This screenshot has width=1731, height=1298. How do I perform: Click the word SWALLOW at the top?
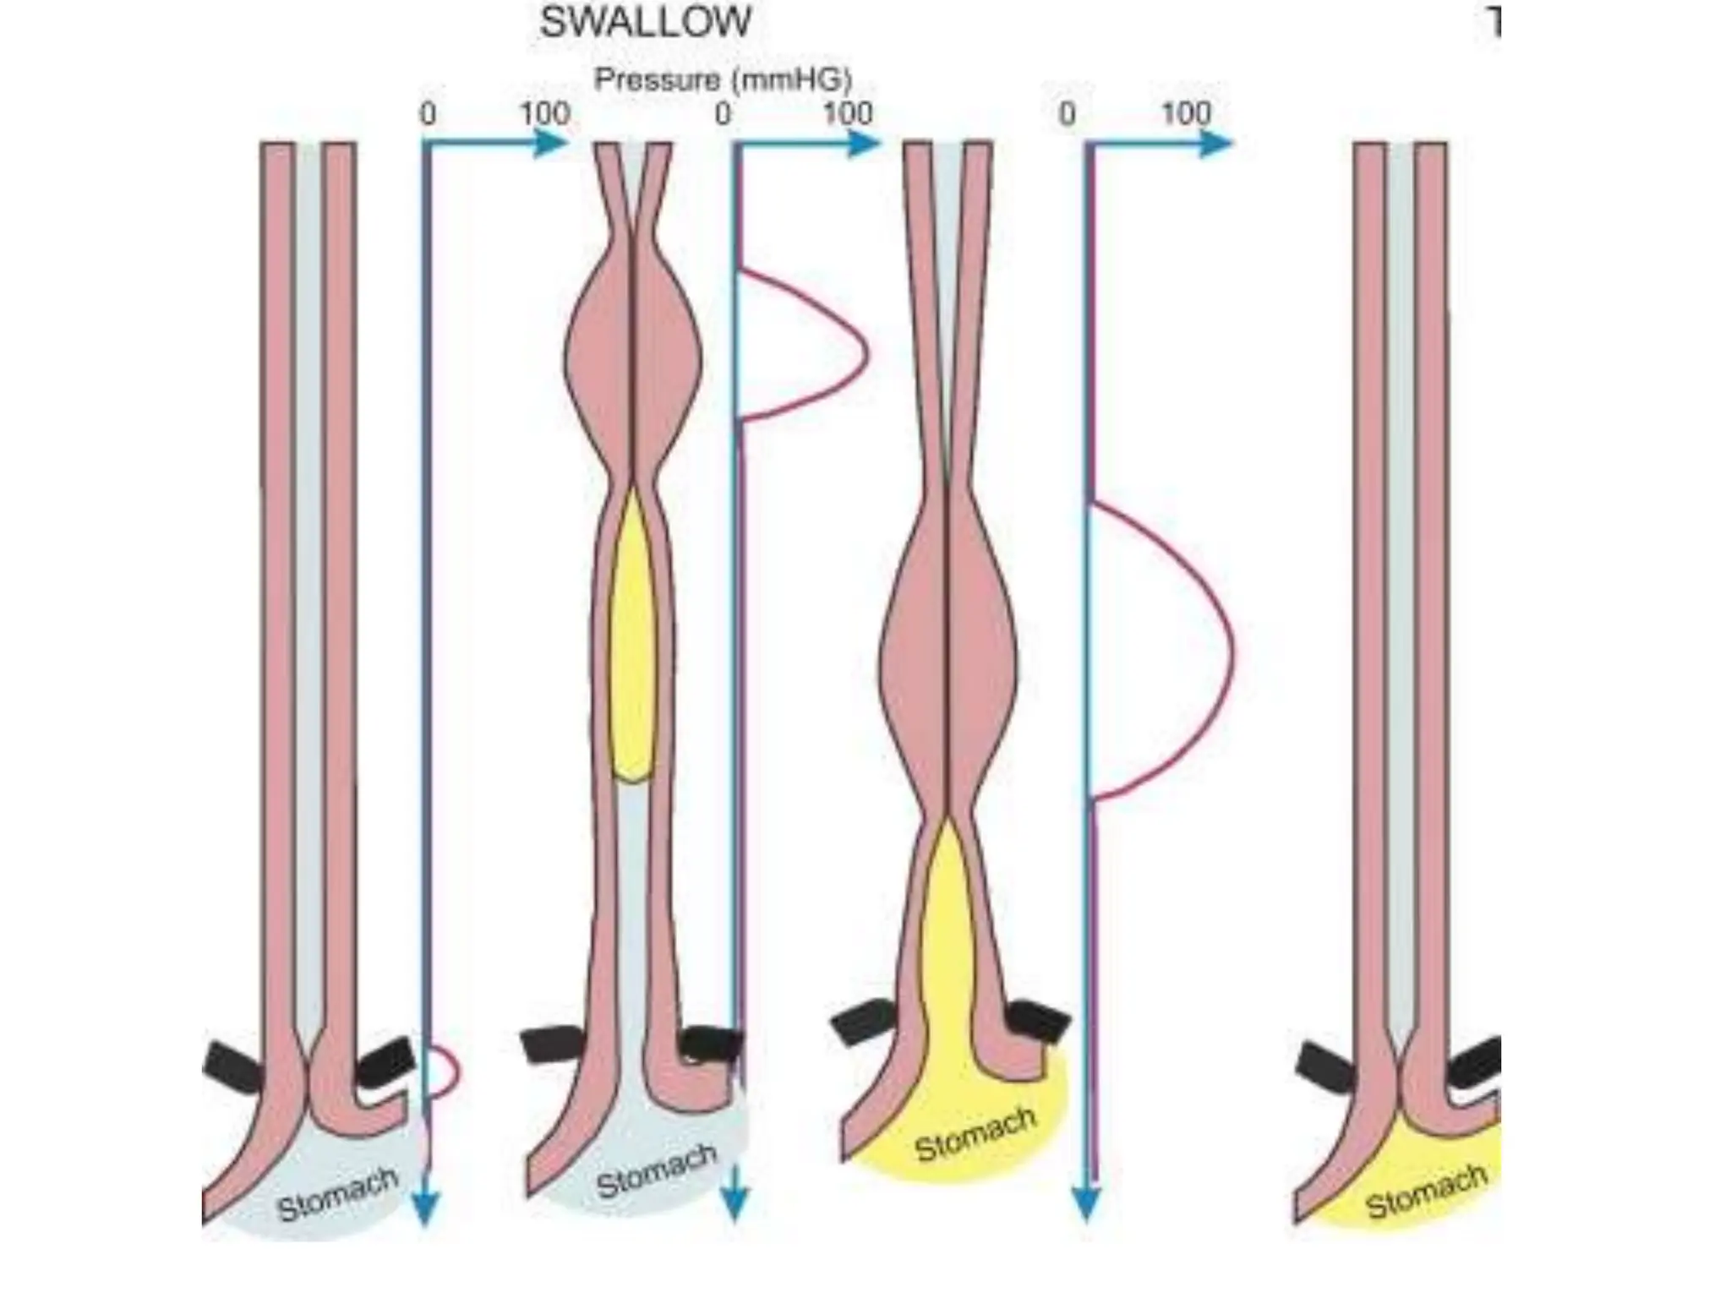[x=645, y=23]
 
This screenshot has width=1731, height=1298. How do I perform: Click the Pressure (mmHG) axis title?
[x=723, y=80]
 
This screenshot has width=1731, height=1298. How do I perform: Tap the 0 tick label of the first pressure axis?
[x=428, y=113]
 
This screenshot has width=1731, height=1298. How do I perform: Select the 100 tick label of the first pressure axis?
[x=544, y=113]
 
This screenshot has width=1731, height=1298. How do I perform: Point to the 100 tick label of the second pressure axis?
[x=848, y=113]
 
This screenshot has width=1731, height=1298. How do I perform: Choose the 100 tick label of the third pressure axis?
[x=1186, y=113]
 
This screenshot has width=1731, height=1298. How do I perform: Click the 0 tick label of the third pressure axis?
[x=1068, y=113]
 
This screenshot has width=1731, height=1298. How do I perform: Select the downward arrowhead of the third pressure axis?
[x=1087, y=1203]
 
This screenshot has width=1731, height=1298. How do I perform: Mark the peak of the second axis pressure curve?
[x=865, y=352]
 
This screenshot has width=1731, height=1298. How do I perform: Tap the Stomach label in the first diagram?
[x=337, y=1193]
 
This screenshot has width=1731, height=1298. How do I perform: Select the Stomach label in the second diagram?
[x=657, y=1171]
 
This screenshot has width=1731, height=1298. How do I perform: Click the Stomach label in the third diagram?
[x=975, y=1133]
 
